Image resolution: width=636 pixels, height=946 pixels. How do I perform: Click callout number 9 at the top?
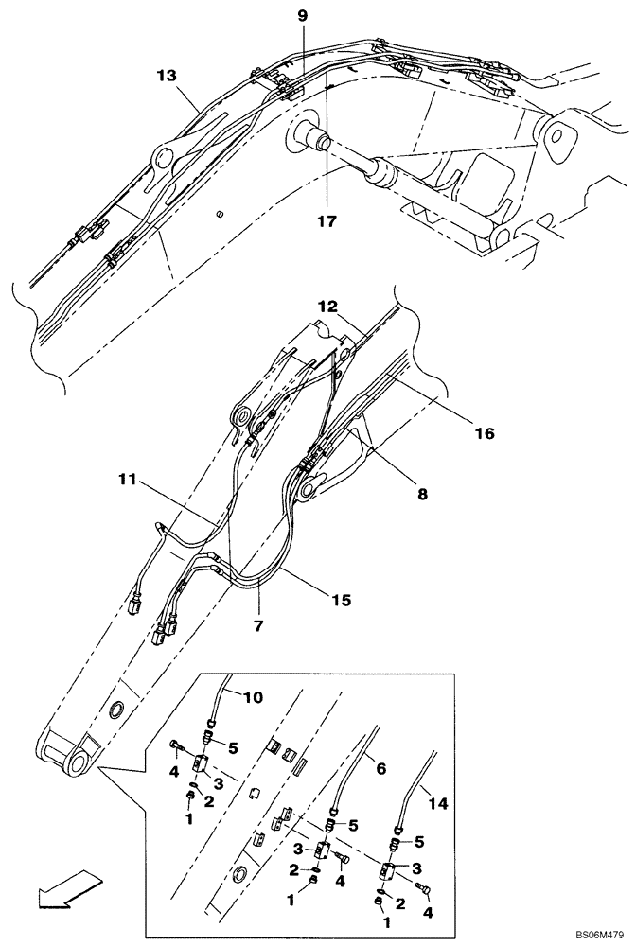pos(302,16)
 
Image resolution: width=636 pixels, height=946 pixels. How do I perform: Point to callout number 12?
pos(327,307)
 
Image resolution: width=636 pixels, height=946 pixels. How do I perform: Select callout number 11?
pos(130,482)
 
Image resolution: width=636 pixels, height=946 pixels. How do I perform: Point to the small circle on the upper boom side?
pos(221,214)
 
